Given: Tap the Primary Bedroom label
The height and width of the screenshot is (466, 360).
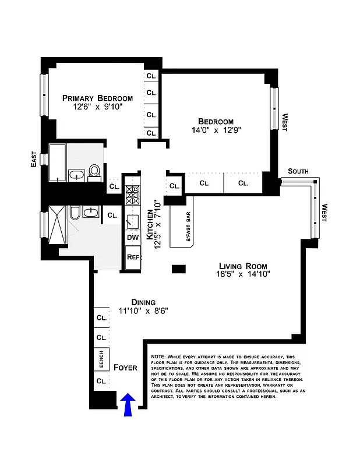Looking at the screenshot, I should [97, 98].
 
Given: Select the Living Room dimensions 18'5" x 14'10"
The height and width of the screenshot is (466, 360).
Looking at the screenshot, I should [236, 273].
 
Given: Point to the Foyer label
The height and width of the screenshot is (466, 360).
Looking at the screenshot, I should [125, 368].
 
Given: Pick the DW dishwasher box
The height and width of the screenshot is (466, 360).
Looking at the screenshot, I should [132, 237].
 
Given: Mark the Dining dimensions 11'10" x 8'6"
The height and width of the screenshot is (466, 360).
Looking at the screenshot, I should [143, 311].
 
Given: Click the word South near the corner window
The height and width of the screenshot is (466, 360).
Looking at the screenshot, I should [298, 171].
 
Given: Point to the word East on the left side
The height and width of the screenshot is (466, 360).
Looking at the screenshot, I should [34, 158].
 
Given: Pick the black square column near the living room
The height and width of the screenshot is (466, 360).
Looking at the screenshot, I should [179, 269].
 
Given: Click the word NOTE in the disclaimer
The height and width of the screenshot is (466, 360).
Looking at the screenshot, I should [158, 356].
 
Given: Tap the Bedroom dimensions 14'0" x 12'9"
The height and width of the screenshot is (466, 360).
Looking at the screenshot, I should [215, 130].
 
